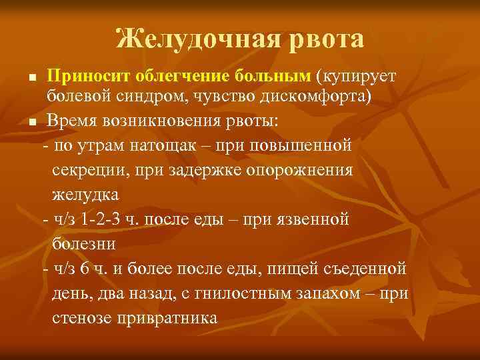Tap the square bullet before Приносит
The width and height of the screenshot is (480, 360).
pyautogui.click(x=33, y=77)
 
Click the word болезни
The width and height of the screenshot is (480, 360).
pyautogui.click(x=84, y=243)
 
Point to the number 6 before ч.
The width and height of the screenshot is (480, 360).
pyautogui.click(x=103, y=268)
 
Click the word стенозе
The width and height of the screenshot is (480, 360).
pyautogui.click(x=83, y=317)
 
